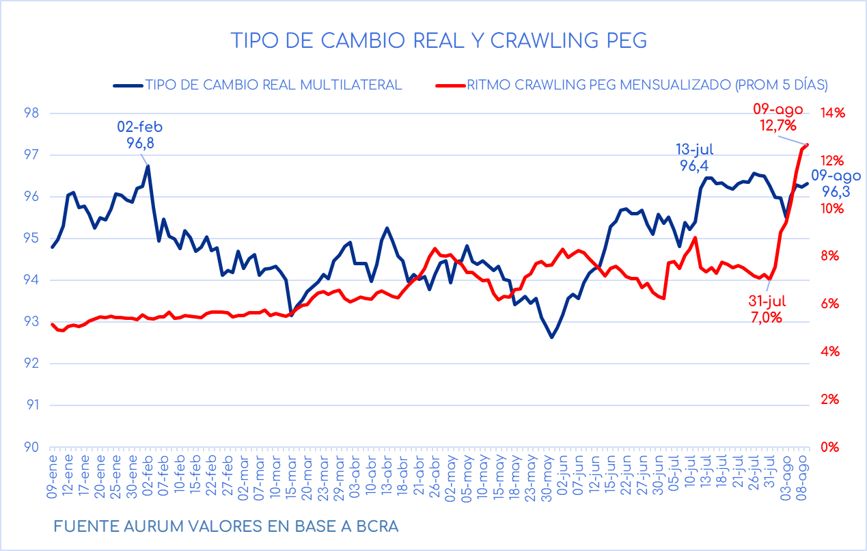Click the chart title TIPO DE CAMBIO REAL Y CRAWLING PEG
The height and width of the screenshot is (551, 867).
(438, 40)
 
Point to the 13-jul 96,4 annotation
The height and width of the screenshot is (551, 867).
(699, 157)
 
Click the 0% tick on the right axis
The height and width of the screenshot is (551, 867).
(829, 447)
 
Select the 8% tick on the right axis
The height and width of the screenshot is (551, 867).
(829, 256)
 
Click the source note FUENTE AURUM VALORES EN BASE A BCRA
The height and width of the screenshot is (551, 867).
(225, 527)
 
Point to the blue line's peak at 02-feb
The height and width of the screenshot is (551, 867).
(148, 165)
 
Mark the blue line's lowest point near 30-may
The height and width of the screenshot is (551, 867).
(551, 337)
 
